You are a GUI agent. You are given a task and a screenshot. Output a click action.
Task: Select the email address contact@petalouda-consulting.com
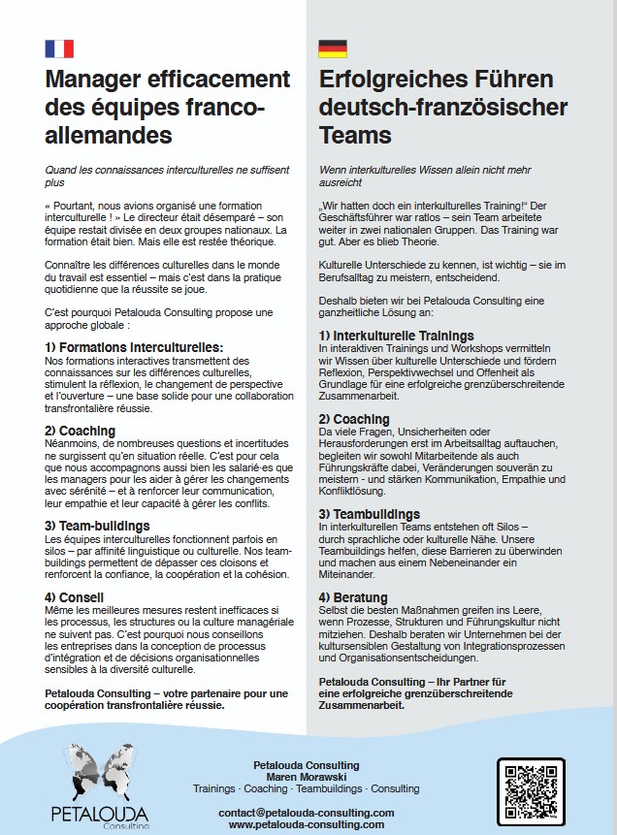click(x=307, y=812)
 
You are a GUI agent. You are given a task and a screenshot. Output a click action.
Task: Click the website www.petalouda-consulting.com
click(x=307, y=823)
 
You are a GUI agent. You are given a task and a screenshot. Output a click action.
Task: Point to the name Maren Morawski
click(x=306, y=777)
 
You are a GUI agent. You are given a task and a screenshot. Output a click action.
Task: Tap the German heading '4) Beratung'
click(x=353, y=596)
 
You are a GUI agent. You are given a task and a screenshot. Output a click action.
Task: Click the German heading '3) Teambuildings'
click(x=370, y=513)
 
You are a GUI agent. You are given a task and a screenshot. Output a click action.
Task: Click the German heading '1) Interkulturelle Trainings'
click(x=397, y=336)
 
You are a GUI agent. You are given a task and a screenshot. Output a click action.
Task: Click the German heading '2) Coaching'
click(x=354, y=419)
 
